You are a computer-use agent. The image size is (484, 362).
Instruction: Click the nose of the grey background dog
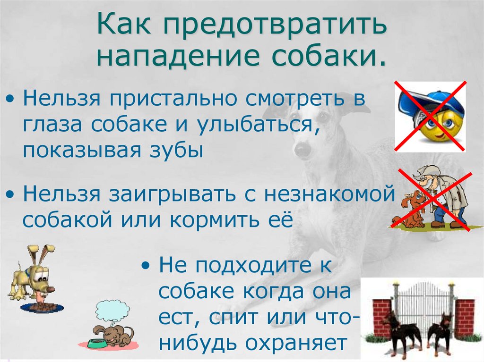[302, 149]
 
